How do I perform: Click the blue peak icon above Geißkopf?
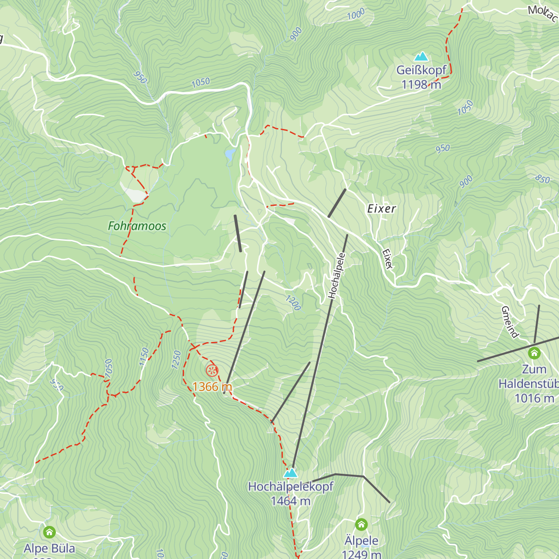coord(422,56)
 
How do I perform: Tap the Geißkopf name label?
coord(421,70)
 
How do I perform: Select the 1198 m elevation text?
coord(421,85)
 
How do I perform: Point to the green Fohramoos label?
coord(137,226)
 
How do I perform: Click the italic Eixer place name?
coord(382,209)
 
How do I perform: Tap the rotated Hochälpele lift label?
coord(337,275)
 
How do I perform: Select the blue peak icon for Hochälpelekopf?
coord(291,473)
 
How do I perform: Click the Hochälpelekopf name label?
coord(291,487)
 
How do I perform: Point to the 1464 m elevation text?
coord(291,501)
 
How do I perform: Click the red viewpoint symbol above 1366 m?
coord(212,371)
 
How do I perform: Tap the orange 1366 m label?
coord(212,387)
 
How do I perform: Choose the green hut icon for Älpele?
coord(361,525)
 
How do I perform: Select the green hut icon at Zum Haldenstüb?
coord(534,353)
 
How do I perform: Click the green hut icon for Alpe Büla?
coord(49,532)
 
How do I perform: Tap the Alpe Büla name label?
coord(49,548)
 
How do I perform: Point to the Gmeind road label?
coord(510,322)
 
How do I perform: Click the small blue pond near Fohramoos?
coord(230,155)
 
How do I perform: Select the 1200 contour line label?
coord(293,303)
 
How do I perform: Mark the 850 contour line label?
coord(542,178)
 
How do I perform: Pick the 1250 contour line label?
coord(176,360)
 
